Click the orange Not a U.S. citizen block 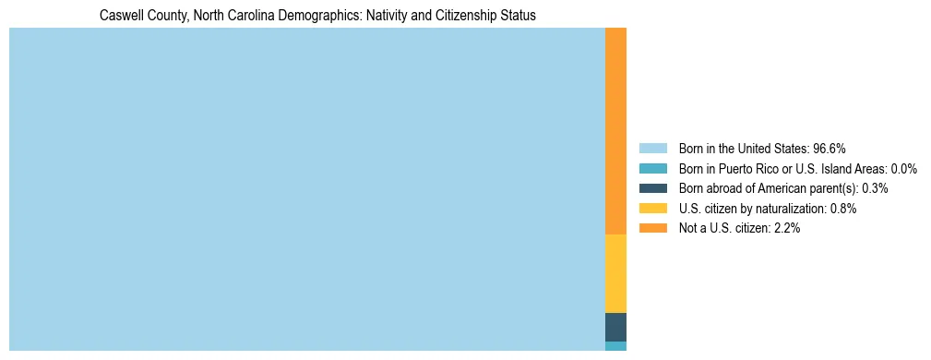[615, 131]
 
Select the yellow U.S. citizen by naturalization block [615, 273]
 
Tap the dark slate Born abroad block [615, 327]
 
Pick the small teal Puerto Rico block [615, 346]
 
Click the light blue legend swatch [652, 148]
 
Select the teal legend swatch [652, 168]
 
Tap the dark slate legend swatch [652, 188]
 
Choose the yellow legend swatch [652, 209]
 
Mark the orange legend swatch [652, 228]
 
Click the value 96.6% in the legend [830, 148]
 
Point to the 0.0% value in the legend [904, 168]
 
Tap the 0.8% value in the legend [843, 209]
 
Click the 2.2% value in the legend [786, 228]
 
